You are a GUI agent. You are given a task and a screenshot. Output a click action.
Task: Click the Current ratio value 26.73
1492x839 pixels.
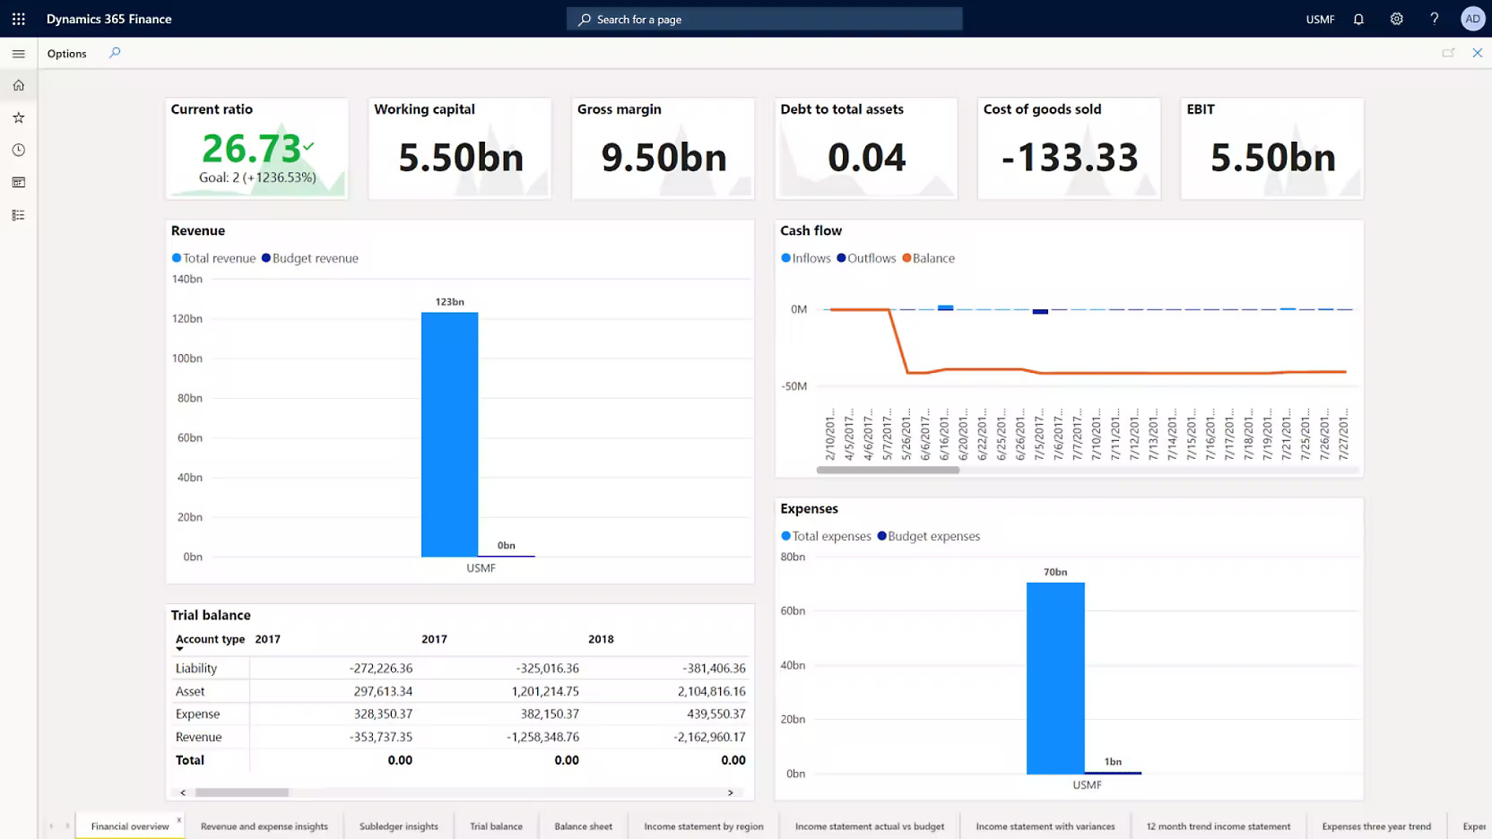pyautogui.click(x=251, y=149)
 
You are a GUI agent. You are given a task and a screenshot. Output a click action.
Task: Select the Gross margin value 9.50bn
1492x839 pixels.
pyautogui.click(x=664, y=158)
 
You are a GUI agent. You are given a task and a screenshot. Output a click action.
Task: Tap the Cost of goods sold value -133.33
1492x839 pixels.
pyautogui.click(x=1069, y=158)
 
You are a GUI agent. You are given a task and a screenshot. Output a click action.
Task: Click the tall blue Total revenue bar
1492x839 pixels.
pyautogui.click(x=449, y=435)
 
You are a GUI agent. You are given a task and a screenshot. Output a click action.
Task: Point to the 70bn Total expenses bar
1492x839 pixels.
pyautogui.click(x=1055, y=678)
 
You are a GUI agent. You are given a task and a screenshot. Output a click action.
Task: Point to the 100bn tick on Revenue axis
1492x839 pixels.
pyautogui.click(x=186, y=359)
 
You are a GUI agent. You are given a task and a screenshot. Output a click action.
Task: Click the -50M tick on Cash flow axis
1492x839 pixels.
pyautogui.click(x=794, y=386)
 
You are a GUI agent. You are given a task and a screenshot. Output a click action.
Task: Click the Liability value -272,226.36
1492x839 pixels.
pyautogui.click(x=381, y=669)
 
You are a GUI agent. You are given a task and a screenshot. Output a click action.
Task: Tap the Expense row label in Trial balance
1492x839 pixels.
pyautogui.click(x=197, y=714)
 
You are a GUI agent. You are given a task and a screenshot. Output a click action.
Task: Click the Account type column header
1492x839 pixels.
pyautogui.click(x=210, y=639)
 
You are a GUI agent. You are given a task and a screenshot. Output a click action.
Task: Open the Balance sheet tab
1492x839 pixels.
pyautogui.click(x=583, y=826)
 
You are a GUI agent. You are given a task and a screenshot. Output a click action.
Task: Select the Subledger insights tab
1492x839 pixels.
pyautogui.click(x=398, y=826)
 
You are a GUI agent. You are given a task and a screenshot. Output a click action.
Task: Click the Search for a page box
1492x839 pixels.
pyautogui.click(x=764, y=19)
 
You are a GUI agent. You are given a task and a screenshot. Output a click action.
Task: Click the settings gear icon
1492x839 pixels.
pyautogui.click(x=1396, y=19)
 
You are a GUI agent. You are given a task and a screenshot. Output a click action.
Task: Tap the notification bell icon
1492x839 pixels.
pyautogui.click(x=1358, y=19)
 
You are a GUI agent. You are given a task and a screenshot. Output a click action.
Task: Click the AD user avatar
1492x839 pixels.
pyautogui.click(x=1472, y=19)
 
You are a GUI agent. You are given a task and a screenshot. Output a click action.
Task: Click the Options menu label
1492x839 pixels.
pyautogui.click(x=67, y=54)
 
